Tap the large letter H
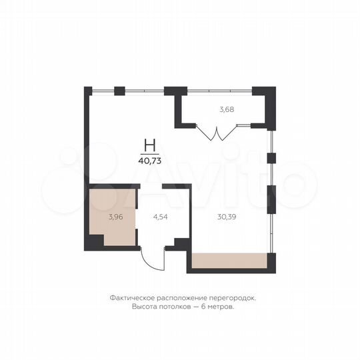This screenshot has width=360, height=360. tap(151, 145)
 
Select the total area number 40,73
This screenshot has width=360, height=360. tap(151, 160)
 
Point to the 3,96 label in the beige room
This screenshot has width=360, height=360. tap(116, 216)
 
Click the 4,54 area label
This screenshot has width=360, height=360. tap(161, 216)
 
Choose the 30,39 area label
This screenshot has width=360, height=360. tap(227, 216)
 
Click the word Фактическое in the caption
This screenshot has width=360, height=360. tap(130, 299)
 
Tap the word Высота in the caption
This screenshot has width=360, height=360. tap(145, 307)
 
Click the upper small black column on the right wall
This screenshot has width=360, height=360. tap(271, 158)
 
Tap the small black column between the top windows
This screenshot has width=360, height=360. tap(119, 90)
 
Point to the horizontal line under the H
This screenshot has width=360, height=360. tap(151, 153)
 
